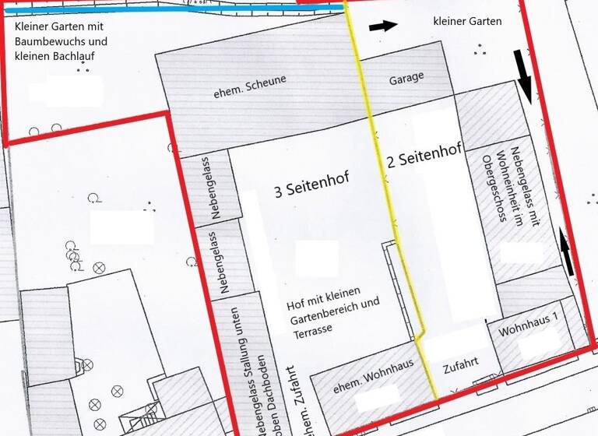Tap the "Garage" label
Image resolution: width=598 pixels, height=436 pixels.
(406, 78)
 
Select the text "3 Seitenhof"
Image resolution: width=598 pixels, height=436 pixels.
(311, 184)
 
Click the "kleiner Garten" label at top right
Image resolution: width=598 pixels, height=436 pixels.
(467, 22)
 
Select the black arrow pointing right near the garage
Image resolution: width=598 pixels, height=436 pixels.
(382, 26)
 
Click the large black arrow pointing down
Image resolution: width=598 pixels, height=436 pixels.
(524, 76)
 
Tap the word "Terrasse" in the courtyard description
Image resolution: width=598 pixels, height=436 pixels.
(311, 329)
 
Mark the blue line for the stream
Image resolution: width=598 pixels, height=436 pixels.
(171, 9)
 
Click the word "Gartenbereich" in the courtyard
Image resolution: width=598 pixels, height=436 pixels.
(324, 315)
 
